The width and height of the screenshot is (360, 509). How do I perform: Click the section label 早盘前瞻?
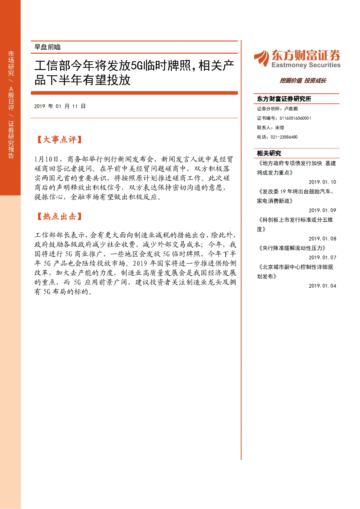click(48, 47)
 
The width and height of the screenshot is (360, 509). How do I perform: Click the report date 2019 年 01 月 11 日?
click(60, 106)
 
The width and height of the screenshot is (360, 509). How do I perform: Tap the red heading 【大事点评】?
click(59, 139)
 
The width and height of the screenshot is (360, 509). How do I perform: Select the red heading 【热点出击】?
click(59, 216)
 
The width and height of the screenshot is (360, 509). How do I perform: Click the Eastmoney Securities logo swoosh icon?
click(262, 58)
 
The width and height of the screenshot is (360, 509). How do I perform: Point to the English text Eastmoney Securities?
click(306, 65)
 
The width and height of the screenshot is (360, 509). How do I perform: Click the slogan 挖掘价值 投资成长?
click(303, 81)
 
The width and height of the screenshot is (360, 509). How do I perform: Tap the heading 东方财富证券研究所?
click(284, 99)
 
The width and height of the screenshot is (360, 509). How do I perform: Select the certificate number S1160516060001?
click(295, 118)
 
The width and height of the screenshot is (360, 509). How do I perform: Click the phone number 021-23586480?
click(284, 137)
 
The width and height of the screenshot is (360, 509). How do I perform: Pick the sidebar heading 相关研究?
click(269, 153)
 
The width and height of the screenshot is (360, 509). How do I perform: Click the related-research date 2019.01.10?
click(322, 182)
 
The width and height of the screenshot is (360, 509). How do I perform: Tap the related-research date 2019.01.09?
click(322, 210)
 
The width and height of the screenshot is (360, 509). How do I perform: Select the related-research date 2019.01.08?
click(322, 239)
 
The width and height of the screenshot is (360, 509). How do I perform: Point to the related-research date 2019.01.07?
click(322, 258)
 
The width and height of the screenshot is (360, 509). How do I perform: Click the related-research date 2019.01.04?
click(322, 286)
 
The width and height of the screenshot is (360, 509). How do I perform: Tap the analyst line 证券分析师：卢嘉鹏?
click(277, 109)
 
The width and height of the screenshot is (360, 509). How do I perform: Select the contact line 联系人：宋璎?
click(270, 128)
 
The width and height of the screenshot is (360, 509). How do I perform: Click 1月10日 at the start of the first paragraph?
click(46, 159)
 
